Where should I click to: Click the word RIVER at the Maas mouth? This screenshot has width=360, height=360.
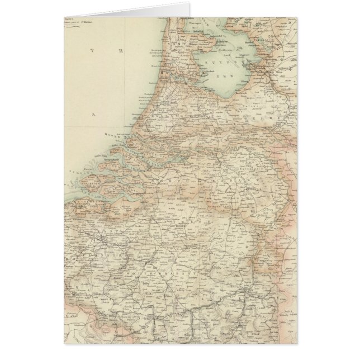click(112, 136)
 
